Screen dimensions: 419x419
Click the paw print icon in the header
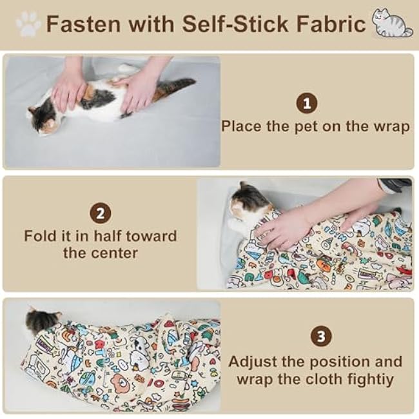(28, 24)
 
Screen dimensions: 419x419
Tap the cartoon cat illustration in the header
(391, 23)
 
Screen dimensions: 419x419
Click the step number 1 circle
(307, 103)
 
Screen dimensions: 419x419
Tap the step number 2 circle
(100, 213)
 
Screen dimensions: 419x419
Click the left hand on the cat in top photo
(69, 88)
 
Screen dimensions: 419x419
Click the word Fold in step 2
(41, 235)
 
